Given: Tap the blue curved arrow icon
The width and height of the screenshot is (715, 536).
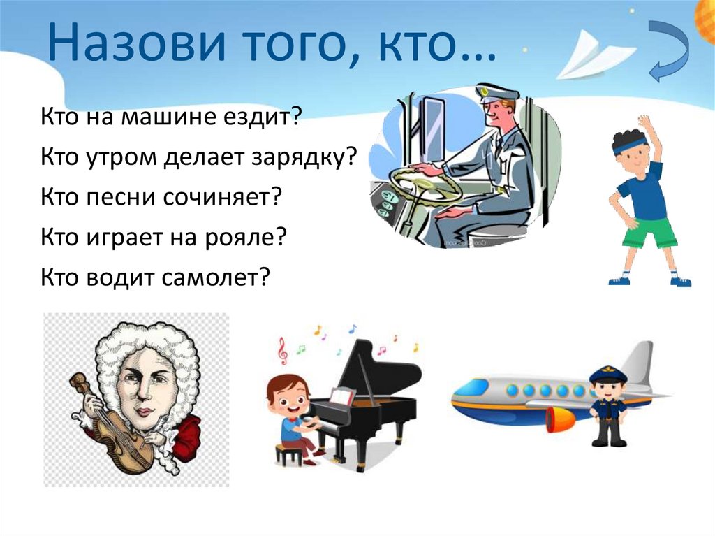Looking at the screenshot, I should [670, 51].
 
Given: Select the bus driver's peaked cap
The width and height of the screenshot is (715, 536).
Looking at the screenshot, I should [496, 92].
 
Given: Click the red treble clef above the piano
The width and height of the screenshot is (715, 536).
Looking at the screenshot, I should [283, 352].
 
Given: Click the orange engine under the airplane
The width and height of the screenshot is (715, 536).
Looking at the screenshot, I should [559, 420].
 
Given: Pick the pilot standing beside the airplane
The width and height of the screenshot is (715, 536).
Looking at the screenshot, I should [608, 406].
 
